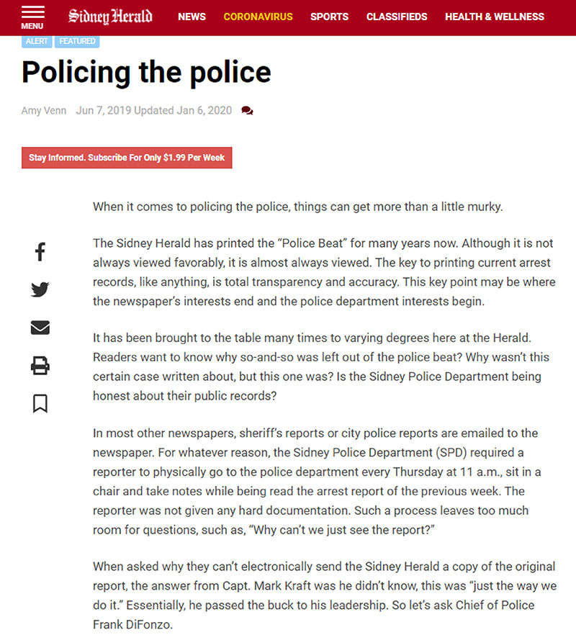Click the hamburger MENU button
[x=32, y=17]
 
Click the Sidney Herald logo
[x=110, y=16]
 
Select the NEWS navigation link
[x=192, y=17]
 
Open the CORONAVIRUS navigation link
[x=258, y=17]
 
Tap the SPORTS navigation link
[x=329, y=17]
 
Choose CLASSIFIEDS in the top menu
[x=396, y=17]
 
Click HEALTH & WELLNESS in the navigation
[x=495, y=17]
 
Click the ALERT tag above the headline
[x=37, y=41]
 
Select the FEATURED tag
[x=77, y=41]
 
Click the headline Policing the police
[x=146, y=72]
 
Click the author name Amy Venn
[x=44, y=110]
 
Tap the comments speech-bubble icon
[x=247, y=111]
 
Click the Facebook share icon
[x=40, y=252]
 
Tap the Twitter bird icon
[x=40, y=289]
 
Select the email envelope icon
[x=40, y=328]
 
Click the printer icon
[x=40, y=366]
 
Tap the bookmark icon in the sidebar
[x=40, y=404]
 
